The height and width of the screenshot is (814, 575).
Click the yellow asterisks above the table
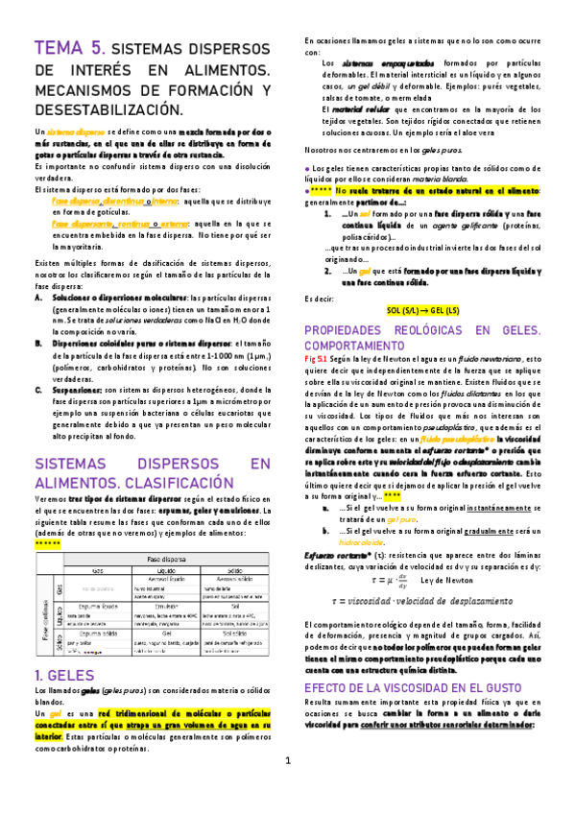[x=48, y=542]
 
